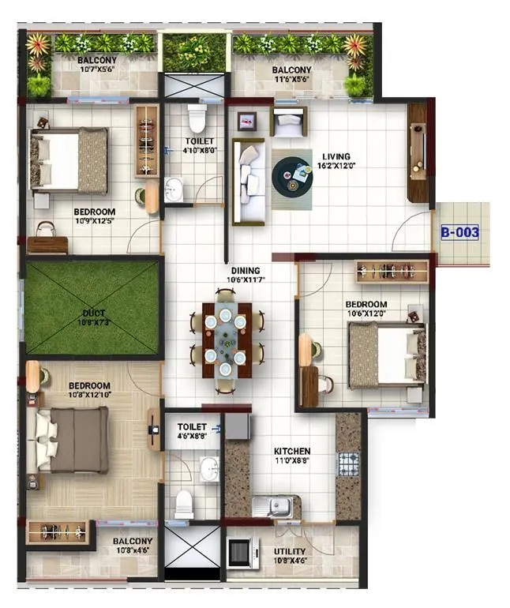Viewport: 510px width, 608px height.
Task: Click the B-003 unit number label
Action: coord(460,233)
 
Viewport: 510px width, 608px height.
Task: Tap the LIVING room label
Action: coord(336,156)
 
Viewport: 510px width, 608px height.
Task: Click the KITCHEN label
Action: coord(292,451)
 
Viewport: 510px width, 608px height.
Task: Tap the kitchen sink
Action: coord(277,505)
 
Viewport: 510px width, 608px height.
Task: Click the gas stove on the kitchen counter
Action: coord(348,464)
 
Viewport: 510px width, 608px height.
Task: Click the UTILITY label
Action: coord(290,552)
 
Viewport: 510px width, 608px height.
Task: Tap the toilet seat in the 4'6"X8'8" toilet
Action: coord(184,504)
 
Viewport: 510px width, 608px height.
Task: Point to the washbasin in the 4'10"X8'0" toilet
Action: coord(174,190)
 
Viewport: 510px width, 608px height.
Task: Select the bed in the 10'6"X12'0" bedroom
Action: coord(386,355)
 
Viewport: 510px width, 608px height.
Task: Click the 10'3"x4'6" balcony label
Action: coord(133,546)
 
